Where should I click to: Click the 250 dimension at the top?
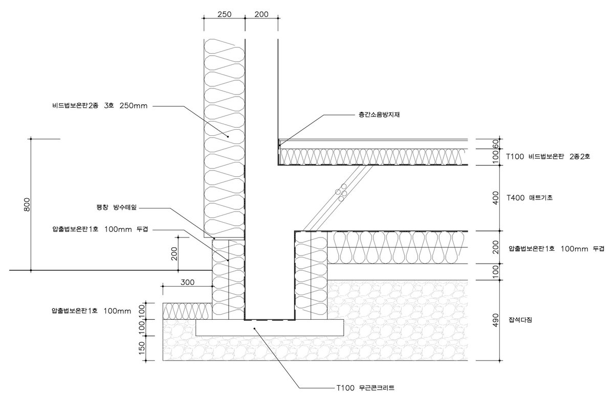(224, 14)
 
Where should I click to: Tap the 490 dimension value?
(495, 320)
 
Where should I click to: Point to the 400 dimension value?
(495, 198)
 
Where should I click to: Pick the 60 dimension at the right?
(495, 144)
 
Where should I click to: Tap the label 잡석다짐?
(521, 320)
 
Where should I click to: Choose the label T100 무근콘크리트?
(365, 388)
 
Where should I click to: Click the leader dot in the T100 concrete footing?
(254, 329)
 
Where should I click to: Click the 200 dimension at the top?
(261, 14)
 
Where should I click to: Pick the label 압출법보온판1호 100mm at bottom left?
(92, 310)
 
